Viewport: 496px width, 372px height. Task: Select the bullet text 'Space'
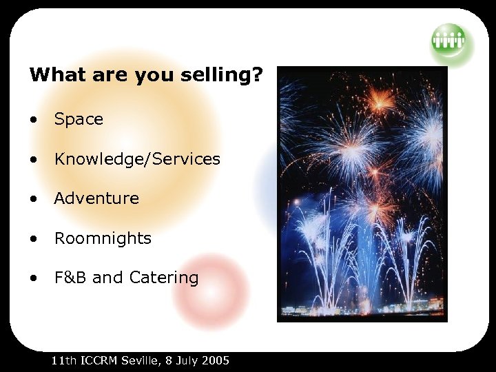coord(79,119)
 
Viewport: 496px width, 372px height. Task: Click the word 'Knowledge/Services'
coord(137,159)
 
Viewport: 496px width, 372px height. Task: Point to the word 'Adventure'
coord(96,199)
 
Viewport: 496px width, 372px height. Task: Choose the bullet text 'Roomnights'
coord(103,239)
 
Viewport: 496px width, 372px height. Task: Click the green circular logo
coord(448,40)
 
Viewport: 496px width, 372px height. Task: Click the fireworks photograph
coord(362,194)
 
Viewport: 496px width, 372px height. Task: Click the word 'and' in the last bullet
coord(106,278)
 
